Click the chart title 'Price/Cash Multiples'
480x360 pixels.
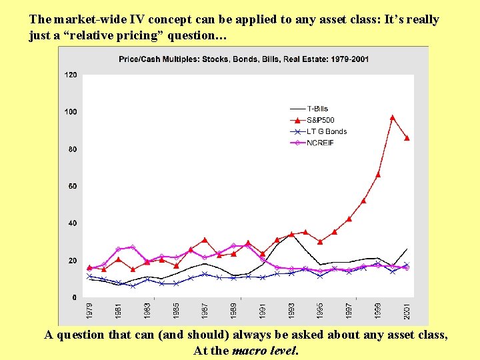tap(243, 59)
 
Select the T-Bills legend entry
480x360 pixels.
tap(317, 109)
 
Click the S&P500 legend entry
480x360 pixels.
tap(320, 120)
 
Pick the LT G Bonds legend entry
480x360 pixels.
tap(326, 131)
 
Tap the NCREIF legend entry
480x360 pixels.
tap(321, 143)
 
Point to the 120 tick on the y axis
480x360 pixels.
tap(71, 75)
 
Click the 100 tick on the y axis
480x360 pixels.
tap(71, 111)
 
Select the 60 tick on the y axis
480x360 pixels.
tap(72, 186)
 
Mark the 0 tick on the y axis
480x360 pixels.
tap(74, 297)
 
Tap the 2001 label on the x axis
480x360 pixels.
tap(407, 311)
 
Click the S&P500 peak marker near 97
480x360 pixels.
tap(393, 117)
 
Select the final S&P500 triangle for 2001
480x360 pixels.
tap(407, 138)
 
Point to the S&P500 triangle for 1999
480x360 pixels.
tap(378, 175)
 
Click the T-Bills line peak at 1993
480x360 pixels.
tap(291, 234)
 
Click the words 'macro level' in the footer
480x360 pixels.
tap(265, 350)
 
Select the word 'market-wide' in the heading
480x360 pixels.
tap(86, 19)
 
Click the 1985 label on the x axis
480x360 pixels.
tap(176, 311)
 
